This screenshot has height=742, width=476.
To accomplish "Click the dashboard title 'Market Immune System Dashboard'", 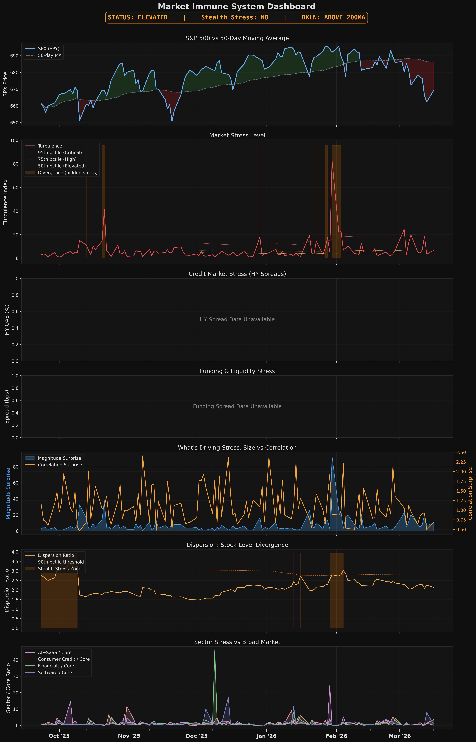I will click(x=236, y=6).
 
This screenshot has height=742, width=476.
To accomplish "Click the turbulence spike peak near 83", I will click(x=332, y=160).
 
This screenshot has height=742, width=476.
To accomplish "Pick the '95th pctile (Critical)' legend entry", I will click(x=60, y=153).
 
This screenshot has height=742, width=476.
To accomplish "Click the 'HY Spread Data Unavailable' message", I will click(x=237, y=319).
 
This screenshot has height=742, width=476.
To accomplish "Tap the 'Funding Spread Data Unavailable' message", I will click(x=237, y=406).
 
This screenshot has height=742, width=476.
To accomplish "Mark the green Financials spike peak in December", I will click(x=215, y=650).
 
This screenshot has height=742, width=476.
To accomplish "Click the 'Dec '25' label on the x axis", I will click(x=197, y=736).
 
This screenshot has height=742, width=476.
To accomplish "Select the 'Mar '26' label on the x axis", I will click(x=399, y=736).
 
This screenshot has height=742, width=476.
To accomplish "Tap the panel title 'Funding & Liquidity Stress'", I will click(x=237, y=371).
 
